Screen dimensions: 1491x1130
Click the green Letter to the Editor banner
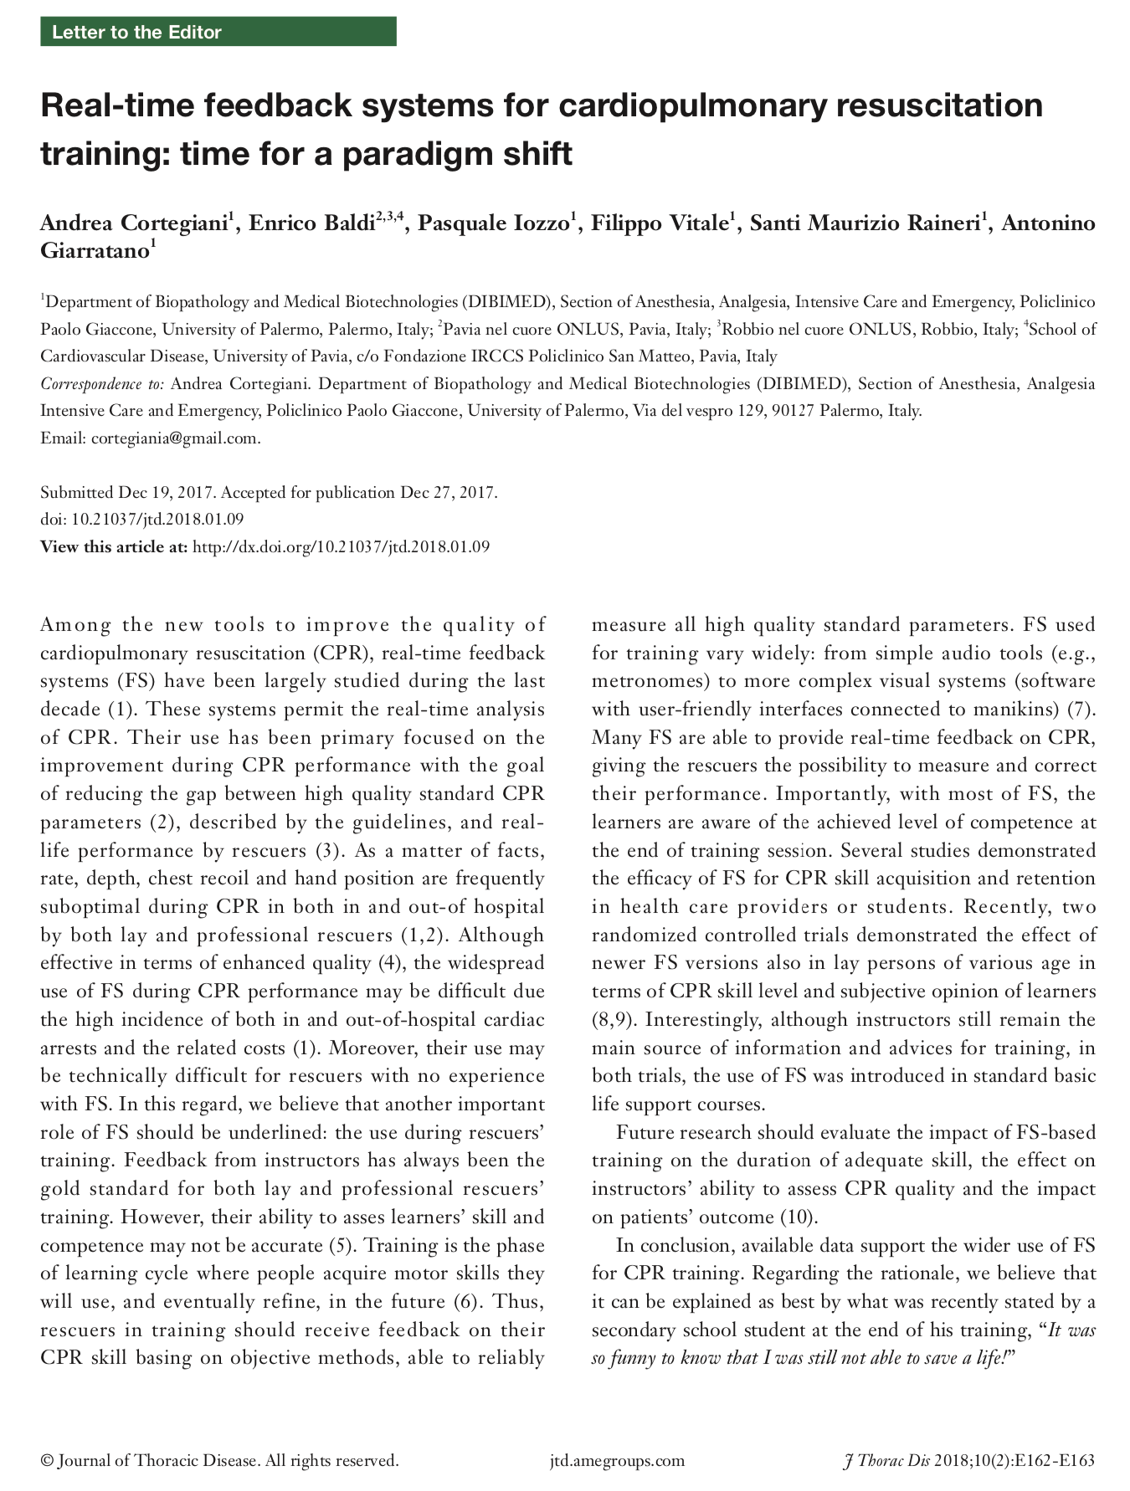click(218, 33)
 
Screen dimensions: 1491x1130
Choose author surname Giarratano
click(94, 251)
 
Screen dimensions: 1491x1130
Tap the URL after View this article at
click(341, 547)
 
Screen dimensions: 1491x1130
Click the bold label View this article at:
click(114, 547)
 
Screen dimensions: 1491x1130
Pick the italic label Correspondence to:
click(102, 384)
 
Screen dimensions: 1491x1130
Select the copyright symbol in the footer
click(47, 1461)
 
